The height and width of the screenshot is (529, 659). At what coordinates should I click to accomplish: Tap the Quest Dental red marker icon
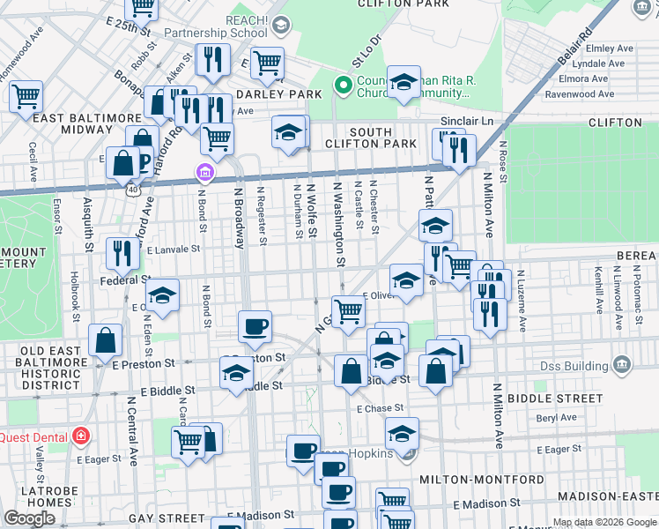tap(81, 436)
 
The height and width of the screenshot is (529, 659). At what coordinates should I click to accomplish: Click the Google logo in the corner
tap(29, 518)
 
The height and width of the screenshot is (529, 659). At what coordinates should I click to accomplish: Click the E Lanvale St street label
tap(175, 250)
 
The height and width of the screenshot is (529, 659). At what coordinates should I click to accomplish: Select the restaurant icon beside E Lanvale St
tap(122, 254)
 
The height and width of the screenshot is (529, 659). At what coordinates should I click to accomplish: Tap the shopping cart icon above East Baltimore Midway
tap(26, 95)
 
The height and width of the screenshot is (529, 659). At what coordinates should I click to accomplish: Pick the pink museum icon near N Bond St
tap(204, 171)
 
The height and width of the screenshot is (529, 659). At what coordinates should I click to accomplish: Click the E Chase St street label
tap(380, 408)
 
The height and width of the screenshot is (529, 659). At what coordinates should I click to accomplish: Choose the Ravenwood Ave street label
tap(579, 93)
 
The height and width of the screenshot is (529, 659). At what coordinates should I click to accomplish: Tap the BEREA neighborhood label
tap(639, 254)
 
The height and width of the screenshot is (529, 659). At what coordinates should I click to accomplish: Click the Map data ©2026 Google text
tap(604, 522)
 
